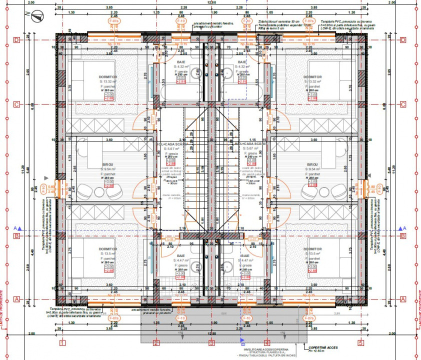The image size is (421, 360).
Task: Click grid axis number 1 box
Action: [62, 343]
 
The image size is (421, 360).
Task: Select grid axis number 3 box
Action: [211, 343]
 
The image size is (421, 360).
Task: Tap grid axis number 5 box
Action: [360, 343]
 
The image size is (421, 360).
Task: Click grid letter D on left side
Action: [17, 39]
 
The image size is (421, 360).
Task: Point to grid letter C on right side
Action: [402, 104]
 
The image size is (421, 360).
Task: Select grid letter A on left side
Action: [17, 299]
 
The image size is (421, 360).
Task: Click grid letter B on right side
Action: [402, 236]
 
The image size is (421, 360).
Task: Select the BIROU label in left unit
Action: [108, 164]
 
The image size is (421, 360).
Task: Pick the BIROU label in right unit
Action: [313, 164]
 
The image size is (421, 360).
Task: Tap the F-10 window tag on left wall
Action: [43, 189]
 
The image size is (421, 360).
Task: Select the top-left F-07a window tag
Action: [114, 22]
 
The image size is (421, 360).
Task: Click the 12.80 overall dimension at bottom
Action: [211, 331]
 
